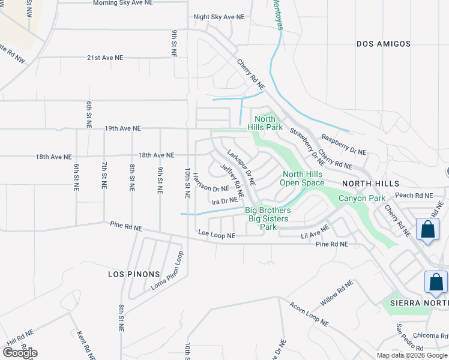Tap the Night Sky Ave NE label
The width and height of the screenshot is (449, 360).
click(x=219, y=17)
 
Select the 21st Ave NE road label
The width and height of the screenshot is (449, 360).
click(x=105, y=58)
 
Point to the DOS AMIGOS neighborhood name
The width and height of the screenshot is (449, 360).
click(x=384, y=44)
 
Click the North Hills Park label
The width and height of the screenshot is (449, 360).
click(x=265, y=123)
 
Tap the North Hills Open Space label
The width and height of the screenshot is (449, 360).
click(x=303, y=178)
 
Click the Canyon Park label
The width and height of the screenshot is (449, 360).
click(x=361, y=198)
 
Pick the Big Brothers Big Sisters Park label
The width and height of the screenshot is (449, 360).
click(x=268, y=218)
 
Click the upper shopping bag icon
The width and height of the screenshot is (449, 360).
click(x=427, y=230)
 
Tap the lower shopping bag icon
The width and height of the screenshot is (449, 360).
click(x=436, y=283)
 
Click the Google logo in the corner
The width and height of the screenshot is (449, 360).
click(x=19, y=353)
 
